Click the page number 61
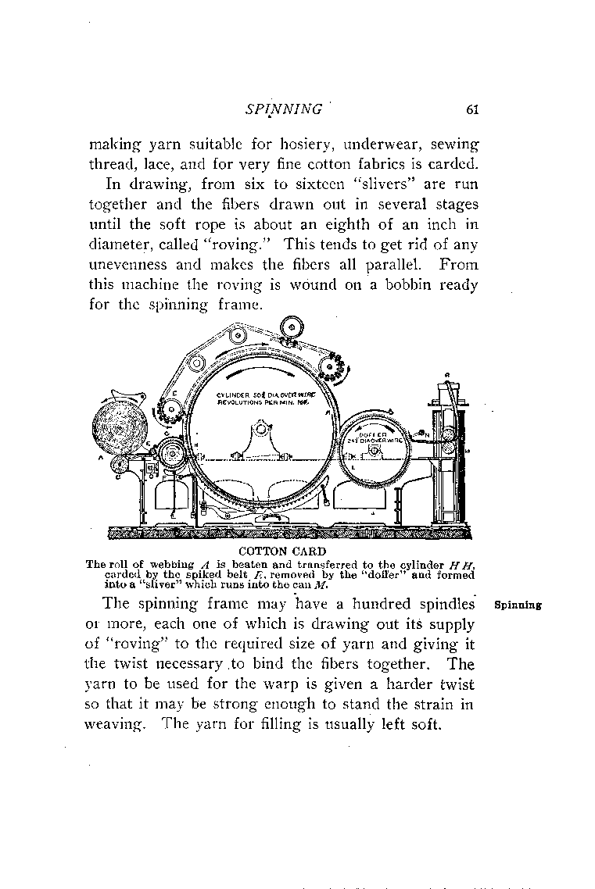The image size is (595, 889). point(471,109)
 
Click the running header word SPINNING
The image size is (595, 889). point(284,109)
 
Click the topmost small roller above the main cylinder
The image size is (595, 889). point(289,326)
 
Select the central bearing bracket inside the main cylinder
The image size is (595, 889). point(260,441)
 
